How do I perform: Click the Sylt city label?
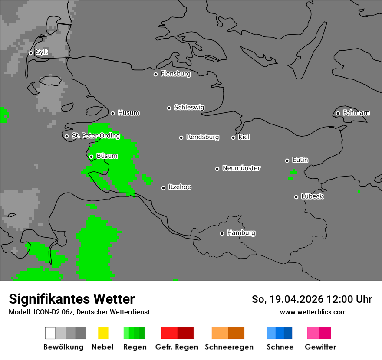pyautogui.click(x=42, y=52)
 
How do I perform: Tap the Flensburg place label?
pyautogui.click(x=175, y=74)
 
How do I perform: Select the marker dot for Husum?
pyautogui.click(x=112, y=113)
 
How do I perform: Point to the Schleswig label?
pyautogui.click(x=189, y=108)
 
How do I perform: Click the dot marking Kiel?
pyautogui.click(x=233, y=137)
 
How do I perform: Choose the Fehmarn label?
pyautogui.click(x=356, y=113)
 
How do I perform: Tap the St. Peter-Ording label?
pyautogui.click(x=95, y=136)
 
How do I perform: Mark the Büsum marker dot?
pyautogui.click(x=91, y=157)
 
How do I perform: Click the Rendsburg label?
pyautogui.click(x=203, y=137)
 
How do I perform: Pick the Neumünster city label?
pyautogui.click(x=241, y=168)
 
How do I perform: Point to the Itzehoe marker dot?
pyautogui.click(x=163, y=188)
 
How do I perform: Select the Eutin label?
pyautogui.click(x=300, y=160)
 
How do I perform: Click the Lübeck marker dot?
pyautogui.click(x=296, y=197)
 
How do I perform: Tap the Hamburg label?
pyautogui.click(x=241, y=233)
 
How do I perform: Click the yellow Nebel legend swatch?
pyautogui.click(x=103, y=333)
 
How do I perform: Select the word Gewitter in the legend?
pyautogui.click(x=320, y=347)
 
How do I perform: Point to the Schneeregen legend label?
pyautogui.click(x=229, y=347)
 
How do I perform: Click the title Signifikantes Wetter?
pyautogui.click(x=72, y=299)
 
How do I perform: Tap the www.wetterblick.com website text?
pyautogui.click(x=313, y=312)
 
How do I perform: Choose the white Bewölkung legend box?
pyautogui.click(x=50, y=333)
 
